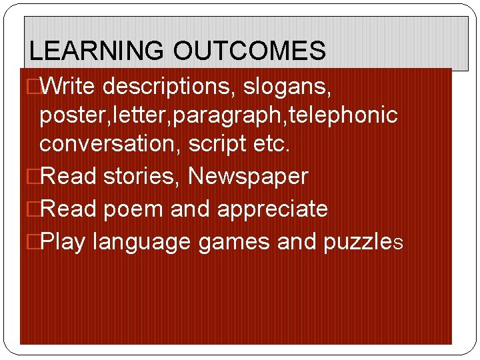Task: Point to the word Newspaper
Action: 248,177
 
